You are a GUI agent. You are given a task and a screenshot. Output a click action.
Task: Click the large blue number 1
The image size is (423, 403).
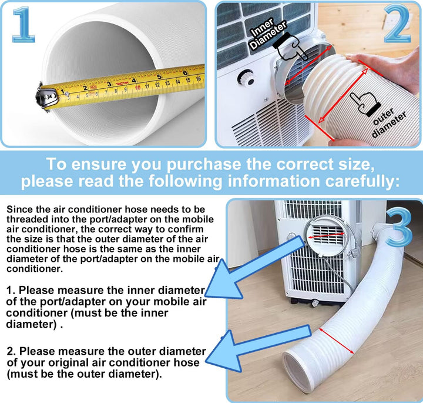coord(23,25)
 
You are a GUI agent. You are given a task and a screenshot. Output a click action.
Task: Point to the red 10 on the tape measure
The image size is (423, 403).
coord(137,88)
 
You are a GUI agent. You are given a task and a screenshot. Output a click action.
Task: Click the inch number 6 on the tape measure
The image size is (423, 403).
coord(185,73)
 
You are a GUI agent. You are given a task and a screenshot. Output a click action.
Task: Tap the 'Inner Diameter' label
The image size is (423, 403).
coord(268,34)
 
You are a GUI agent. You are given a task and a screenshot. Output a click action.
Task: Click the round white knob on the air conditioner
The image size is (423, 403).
coord(247,78)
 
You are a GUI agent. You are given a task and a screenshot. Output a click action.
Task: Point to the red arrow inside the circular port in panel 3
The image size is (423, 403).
coord(326,235)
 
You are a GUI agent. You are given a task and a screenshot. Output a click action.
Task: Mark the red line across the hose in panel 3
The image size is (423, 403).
coord(336,341)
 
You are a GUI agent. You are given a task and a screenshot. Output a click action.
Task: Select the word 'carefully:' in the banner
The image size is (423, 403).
coord(362,181)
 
